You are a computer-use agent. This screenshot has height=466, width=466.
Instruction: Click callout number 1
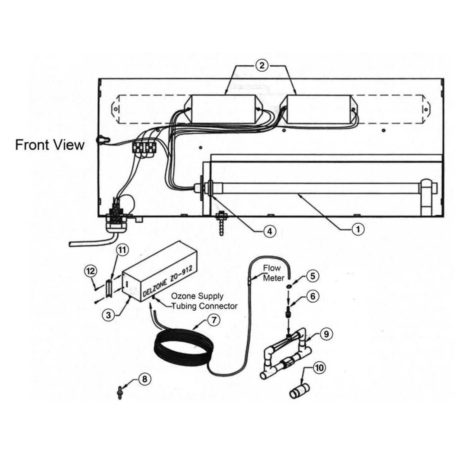point(358,229)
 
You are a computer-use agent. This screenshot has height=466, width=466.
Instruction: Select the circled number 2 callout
point(261,66)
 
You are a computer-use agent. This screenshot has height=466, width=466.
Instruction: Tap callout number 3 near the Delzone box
point(108,315)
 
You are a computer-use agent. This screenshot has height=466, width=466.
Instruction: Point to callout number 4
point(269,231)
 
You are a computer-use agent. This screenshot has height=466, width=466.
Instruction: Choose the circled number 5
point(313,276)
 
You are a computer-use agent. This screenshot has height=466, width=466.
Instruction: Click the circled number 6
point(313,296)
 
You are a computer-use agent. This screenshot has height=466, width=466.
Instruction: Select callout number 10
point(319,368)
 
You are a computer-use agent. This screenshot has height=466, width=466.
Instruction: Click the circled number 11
point(122,250)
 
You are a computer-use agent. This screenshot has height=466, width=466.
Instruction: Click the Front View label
point(50,145)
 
